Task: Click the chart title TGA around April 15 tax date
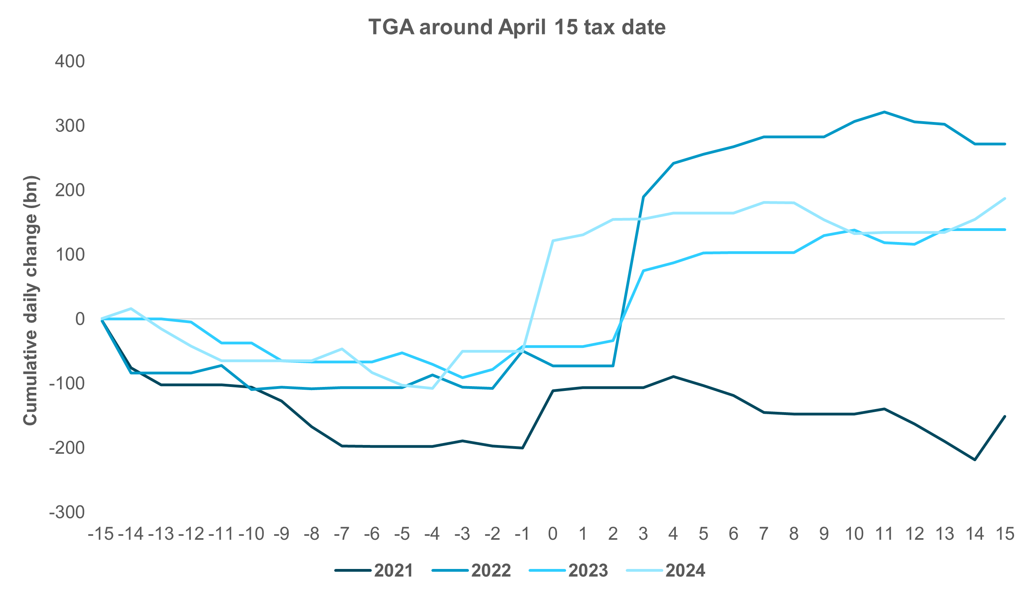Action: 517,27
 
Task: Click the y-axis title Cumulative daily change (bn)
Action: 30,300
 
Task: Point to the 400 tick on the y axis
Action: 70,62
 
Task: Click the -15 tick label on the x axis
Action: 100,534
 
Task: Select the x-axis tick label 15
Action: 1005,534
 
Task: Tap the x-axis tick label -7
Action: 342,534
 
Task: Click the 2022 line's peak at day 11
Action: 884,111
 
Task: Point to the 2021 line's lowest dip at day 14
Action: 975,460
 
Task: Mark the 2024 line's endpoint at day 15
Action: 1005,199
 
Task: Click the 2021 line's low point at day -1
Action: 523,448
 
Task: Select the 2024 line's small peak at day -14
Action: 131,308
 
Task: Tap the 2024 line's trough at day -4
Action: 433,388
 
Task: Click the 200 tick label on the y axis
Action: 70,190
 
